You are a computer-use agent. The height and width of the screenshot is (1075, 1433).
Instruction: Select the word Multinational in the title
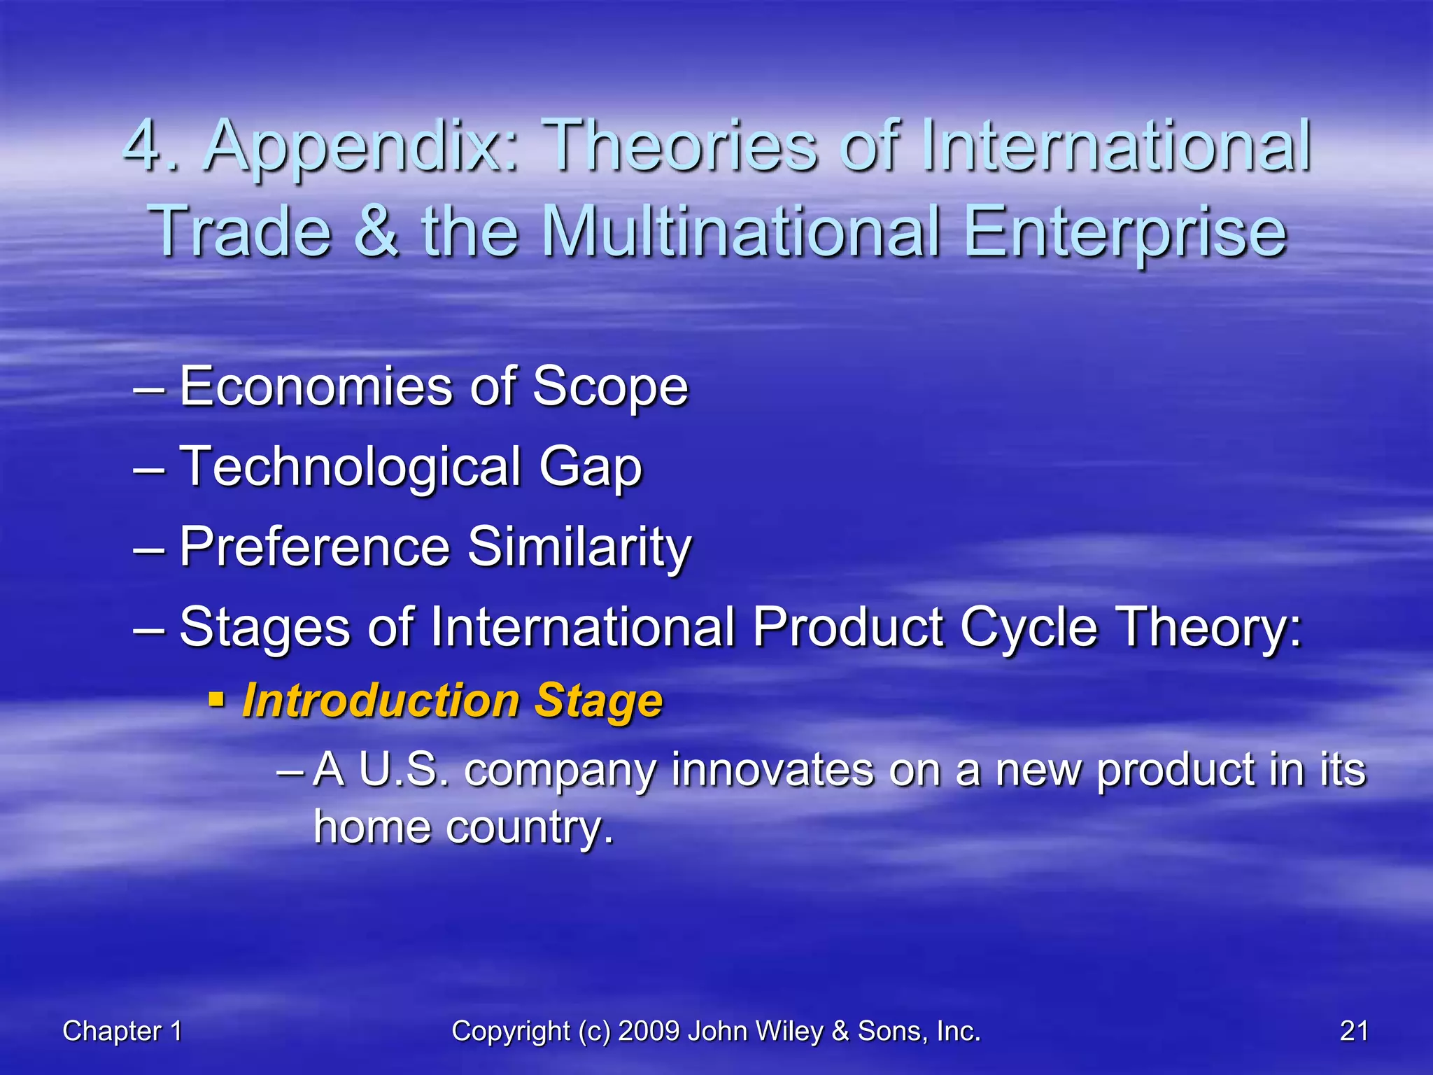coord(741,231)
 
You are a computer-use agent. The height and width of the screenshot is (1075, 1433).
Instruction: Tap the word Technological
coord(350,468)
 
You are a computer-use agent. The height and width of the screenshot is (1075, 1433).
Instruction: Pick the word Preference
coord(315,547)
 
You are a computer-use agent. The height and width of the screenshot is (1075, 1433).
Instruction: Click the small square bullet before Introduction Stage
coord(217,698)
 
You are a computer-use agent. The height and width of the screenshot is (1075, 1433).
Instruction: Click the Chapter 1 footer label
coord(122,1031)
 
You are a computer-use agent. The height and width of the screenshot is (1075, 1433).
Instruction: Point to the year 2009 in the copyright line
coord(649,1031)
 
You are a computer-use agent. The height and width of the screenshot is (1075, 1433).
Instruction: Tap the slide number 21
coord(1354,1031)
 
